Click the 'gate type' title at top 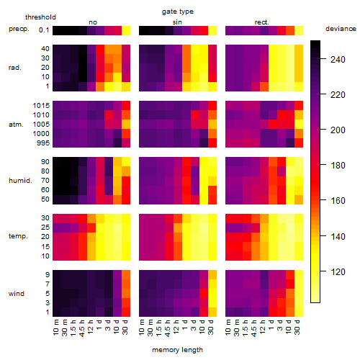(178, 12)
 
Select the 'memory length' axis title (177, 350)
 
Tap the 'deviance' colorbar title (341, 29)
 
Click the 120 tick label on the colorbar (338, 271)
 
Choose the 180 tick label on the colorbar (338, 166)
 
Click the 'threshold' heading (40, 17)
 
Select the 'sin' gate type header (177, 22)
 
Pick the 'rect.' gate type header (261, 22)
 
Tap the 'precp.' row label (19, 30)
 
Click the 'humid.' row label (20, 181)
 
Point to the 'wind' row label (17, 294)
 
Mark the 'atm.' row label (16, 125)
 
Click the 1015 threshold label (41, 106)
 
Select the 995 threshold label (43, 143)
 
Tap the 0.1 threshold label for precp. (44, 30)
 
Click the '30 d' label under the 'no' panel (125, 327)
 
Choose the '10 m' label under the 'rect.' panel (228, 328)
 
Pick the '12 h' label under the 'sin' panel (176, 327)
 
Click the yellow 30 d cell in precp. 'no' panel (126, 30)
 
